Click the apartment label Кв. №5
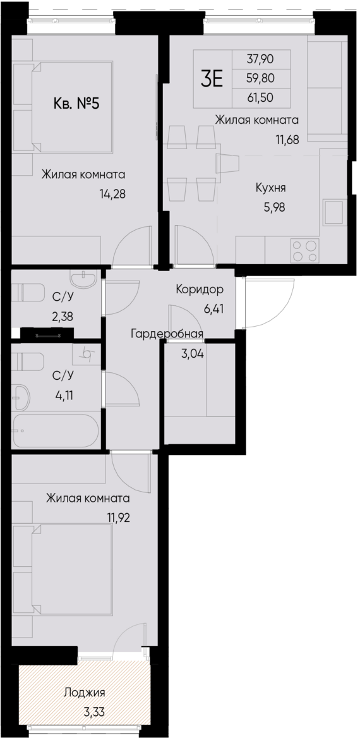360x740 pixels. pyautogui.click(x=76, y=104)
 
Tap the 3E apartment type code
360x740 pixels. pyautogui.click(x=212, y=79)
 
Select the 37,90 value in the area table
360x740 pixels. pyautogui.click(x=260, y=59)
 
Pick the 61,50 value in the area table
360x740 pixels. pyautogui.click(x=260, y=98)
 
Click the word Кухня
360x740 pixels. pyautogui.click(x=270, y=188)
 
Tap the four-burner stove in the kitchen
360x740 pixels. pyautogui.click(x=305, y=251)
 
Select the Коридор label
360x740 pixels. pyautogui.click(x=199, y=289)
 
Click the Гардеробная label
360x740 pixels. pyautogui.click(x=167, y=334)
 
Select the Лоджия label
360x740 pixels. pyautogui.click(x=85, y=693)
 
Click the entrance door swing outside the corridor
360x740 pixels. pyautogui.click(x=269, y=302)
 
